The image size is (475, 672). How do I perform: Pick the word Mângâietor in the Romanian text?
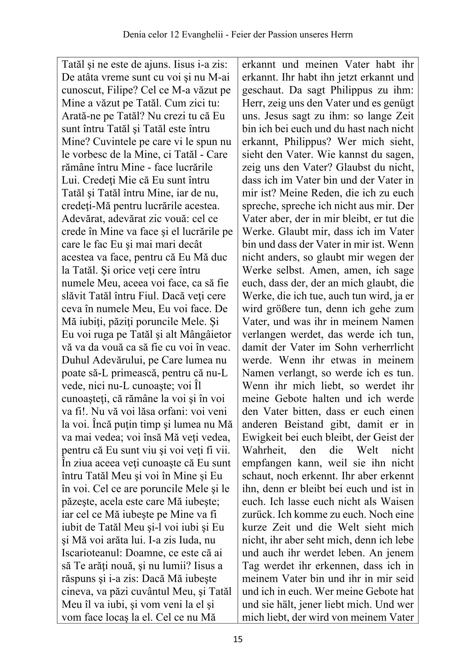[x=199, y=335]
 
